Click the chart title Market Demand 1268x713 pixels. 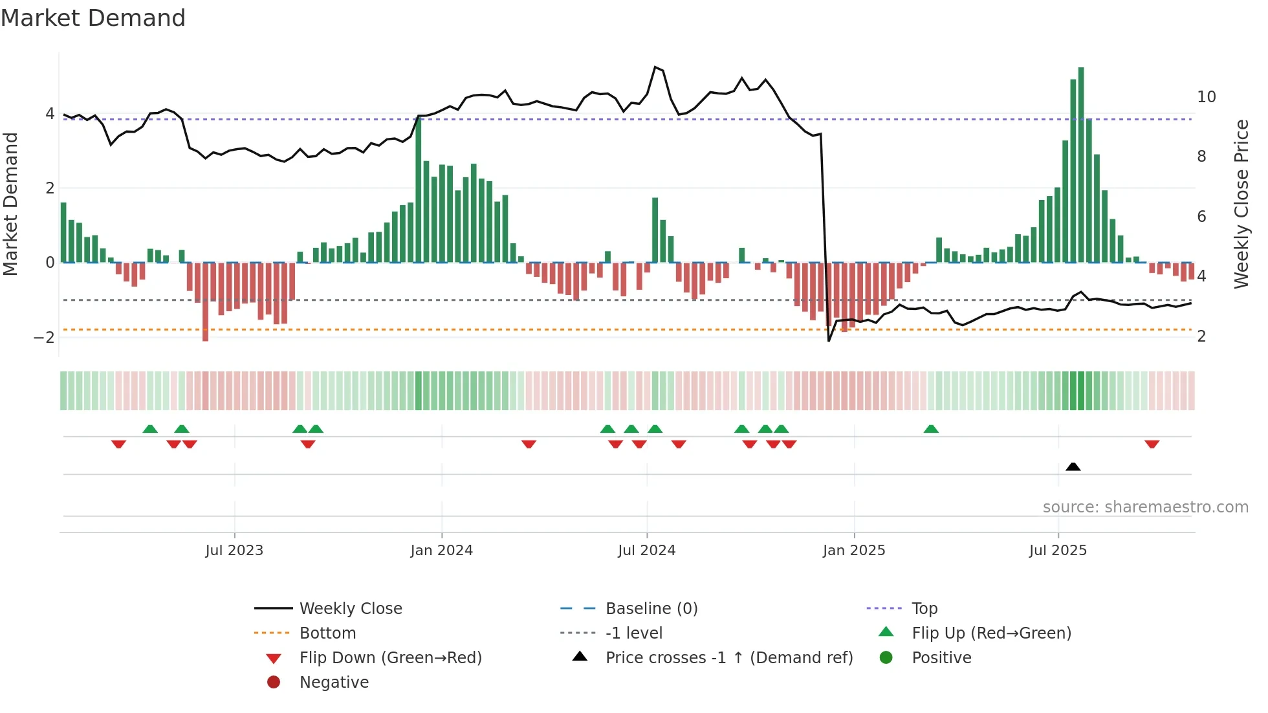coord(93,18)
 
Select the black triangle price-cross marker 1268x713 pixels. coord(1073,466)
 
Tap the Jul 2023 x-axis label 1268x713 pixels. coord(234,551)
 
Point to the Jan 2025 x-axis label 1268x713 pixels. coord(854,551)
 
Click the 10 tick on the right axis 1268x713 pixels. coord(1206,97)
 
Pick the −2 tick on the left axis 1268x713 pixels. coord(44,337)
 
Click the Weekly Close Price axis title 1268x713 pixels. coord(1241,204)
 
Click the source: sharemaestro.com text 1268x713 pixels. coord(1145,507)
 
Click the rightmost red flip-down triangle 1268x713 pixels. coord(1152,444)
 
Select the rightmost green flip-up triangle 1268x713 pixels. coord(931,429)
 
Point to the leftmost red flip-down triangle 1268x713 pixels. coord(118,444)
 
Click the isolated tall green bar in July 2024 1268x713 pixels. coord(655,230)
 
